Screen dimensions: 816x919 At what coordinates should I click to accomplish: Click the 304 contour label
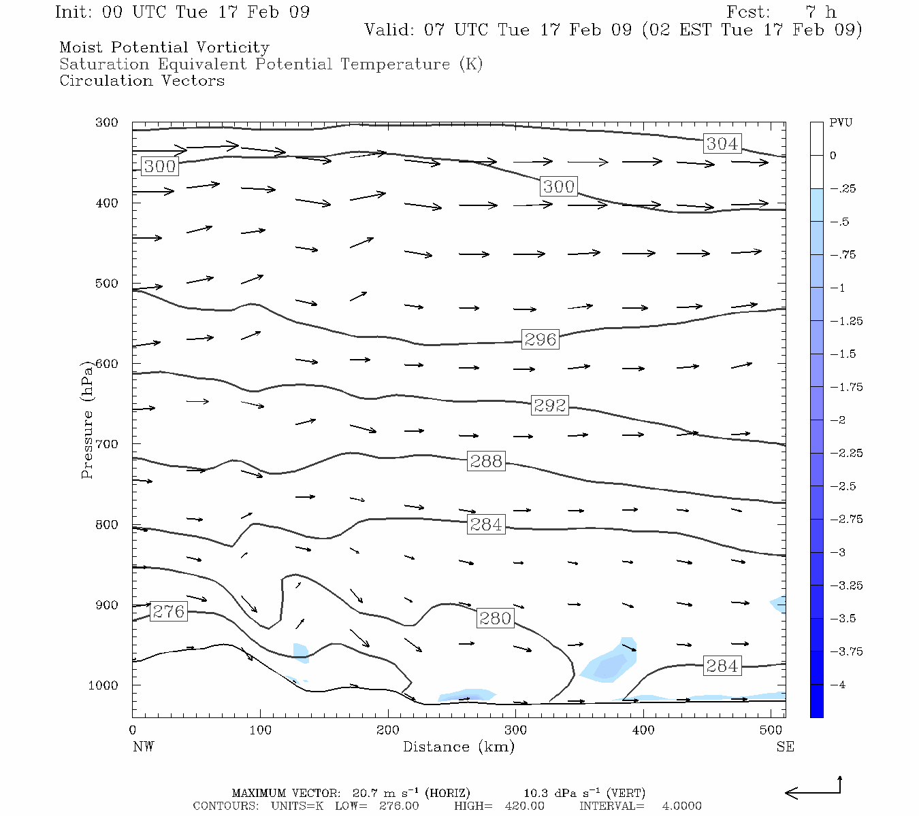tap(722, 143)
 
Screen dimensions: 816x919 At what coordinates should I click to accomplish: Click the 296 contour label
tap(540, 339)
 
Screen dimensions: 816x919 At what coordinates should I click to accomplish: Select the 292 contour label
tap(549, 405)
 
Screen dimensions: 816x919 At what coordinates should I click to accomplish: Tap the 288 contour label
tap(486, 461)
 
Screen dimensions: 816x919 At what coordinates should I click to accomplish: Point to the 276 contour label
tap(168, 611)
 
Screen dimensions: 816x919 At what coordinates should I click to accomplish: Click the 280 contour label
tap(495, 618)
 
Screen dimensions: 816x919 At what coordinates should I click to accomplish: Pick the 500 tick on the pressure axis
tap(107, 284)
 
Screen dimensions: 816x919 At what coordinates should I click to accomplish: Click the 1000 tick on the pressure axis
tap(103, 685)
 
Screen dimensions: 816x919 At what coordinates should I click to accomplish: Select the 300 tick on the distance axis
tap(515, 730)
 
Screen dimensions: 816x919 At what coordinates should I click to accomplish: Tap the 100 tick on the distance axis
tap(260, 730)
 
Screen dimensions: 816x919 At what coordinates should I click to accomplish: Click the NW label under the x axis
tap(143, 747)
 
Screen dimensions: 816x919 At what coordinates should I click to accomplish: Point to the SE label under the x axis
tap(785, 747)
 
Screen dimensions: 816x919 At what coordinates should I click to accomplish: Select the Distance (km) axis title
tap(458, 747)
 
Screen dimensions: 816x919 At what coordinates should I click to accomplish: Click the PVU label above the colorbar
tap(841, 123)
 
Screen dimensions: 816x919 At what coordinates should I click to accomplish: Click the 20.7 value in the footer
tap(364, 793)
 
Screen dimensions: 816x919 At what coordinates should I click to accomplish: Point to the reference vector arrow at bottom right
tap(813, 790)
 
